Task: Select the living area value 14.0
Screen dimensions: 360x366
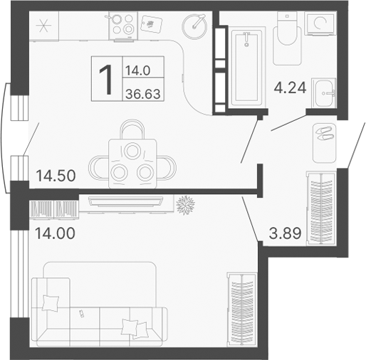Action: coord(137,70)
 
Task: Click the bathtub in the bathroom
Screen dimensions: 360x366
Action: coord(245,65)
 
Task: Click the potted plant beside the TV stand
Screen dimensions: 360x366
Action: coord(187,204)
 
